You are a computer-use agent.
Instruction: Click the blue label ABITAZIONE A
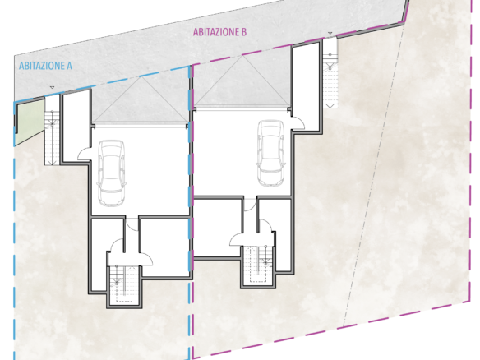point(45,66)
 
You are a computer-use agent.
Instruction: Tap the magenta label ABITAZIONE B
point(219,32)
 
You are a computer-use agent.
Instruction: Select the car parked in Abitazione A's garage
point(111,173)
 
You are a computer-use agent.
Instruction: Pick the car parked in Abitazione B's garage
point(271,153)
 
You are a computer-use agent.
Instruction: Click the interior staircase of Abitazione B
point(258,265)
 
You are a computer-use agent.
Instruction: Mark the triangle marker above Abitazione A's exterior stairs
point(52,88)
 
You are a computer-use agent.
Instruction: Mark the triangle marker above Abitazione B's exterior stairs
point(330,33)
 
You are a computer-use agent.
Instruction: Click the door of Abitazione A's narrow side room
point(84,154)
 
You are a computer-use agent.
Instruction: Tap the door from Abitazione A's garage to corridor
point(132,224)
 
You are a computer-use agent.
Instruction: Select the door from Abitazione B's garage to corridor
point(251,205)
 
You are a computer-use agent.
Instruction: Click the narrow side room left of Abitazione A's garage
point(76,126)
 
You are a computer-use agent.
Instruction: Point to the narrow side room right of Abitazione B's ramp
point(306,87)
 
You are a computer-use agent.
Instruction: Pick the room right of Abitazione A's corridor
point(164,245)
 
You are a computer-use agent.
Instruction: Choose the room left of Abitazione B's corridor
point(218,228)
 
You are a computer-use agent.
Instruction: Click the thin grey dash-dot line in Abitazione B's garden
point(374,173)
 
